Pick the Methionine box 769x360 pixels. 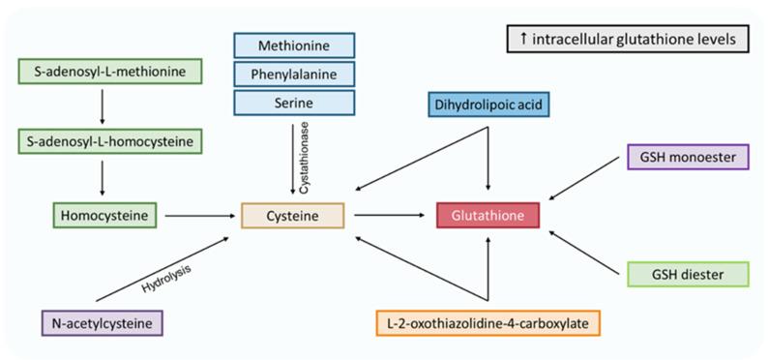tap(295, 45)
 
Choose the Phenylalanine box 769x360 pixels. tap(295, 73)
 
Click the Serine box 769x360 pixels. tap(295, 100)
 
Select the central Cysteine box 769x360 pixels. tap(292, 216)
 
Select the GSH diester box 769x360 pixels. tap(688, 274)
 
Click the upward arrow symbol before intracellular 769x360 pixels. tap(522, 40)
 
